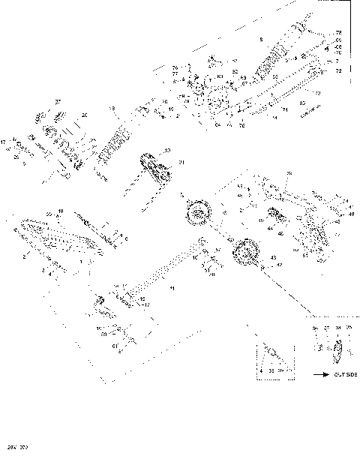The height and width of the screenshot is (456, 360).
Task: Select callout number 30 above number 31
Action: tap(167, 151)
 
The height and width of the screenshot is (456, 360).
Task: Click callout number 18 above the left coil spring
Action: tap(112, 109)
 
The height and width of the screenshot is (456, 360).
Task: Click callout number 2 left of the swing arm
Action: tap(25, 256)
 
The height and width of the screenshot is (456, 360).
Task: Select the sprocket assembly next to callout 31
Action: tap(152, 167)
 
